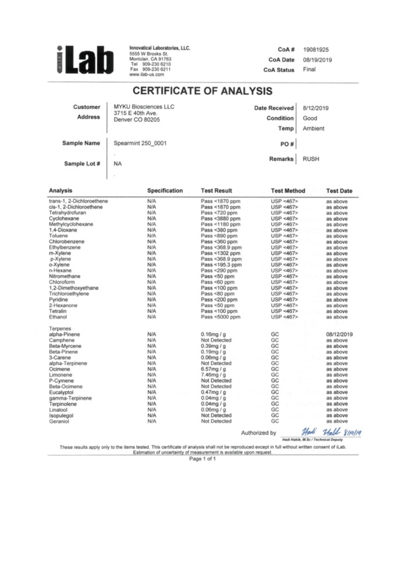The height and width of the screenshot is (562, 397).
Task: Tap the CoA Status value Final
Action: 309,70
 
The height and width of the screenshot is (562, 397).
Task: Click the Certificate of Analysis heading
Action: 203,91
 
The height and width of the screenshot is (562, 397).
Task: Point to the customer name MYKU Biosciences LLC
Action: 144,107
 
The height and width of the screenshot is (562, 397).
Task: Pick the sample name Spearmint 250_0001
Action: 140,143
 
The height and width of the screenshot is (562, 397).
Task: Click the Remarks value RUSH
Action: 311,159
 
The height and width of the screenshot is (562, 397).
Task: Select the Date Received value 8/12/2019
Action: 316,108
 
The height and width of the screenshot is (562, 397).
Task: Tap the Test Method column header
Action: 288,191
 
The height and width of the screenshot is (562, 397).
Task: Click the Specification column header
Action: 165,191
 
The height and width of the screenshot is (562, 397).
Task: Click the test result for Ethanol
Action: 220,317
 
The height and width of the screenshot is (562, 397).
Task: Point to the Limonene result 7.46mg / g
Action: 213,375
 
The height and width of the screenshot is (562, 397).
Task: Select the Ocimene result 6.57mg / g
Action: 213,369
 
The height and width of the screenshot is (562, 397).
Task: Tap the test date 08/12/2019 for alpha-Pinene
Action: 339,335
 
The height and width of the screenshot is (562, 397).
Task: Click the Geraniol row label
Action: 59,422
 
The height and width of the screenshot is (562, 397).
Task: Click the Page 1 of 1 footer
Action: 202,459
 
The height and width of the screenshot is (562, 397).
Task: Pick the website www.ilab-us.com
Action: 146,75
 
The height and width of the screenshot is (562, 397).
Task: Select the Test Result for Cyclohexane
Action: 220,219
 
